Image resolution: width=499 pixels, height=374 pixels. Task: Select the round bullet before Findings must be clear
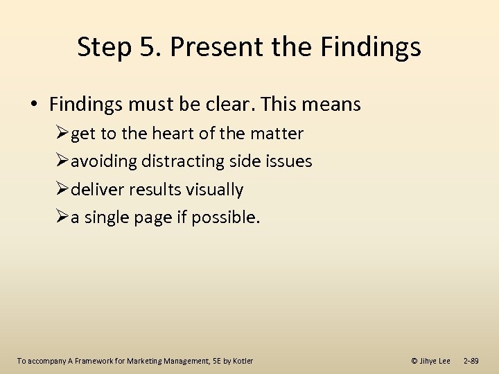[x=33, y=105]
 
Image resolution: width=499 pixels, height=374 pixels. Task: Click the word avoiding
[x=104, y=161]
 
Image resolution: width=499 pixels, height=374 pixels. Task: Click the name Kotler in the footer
[x=243, y=361]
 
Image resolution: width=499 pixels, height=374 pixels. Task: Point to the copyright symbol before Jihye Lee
[x=414, y=361]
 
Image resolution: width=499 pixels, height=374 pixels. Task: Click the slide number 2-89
[x=471, y=361]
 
